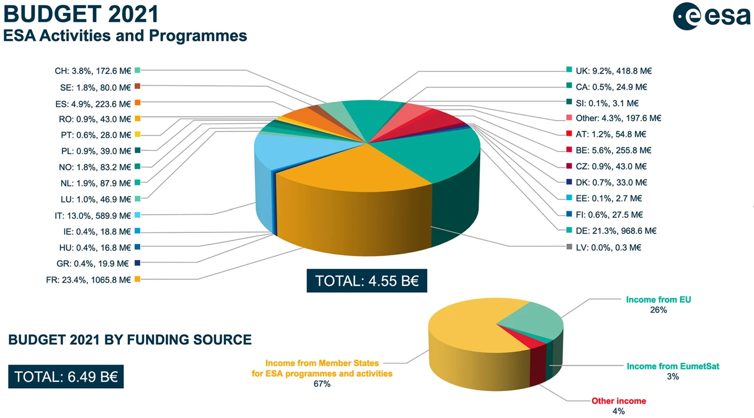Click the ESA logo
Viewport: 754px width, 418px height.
(x=711, y=17)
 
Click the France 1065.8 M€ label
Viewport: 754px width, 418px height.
(x=88, y=280)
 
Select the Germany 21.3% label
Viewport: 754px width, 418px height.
(x=616, y=231)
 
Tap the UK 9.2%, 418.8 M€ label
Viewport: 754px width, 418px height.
(x=613, y=71)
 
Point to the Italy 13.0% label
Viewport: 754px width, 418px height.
(x=93, y=216)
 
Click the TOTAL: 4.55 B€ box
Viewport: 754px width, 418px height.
(x=367, y=281)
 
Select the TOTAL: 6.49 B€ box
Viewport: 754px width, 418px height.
(x=66, y=377)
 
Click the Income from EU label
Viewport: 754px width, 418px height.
(x=658, y=300)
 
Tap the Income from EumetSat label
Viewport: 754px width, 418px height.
(x=673, y=366)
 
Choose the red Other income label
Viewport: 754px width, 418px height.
(x=619, y=401)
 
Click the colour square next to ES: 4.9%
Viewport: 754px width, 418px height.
(x=138, y=102)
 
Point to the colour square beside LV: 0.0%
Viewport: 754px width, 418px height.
(x=569, y=247)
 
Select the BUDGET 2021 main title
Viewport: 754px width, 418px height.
(x=81, y=14)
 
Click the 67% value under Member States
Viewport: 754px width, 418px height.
(x=322, y=384)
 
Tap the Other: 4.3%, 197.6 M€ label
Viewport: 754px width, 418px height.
(x=618, y=118)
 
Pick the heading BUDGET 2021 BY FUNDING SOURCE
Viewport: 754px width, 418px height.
(x=130, y=340)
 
